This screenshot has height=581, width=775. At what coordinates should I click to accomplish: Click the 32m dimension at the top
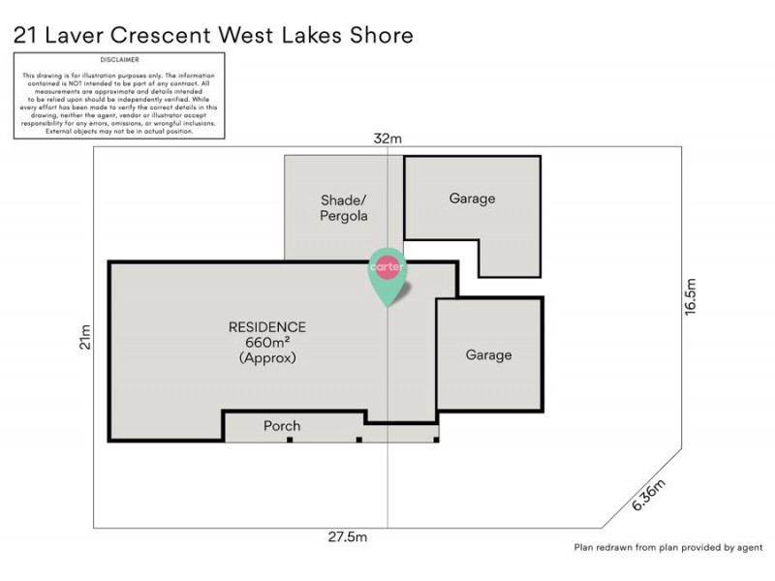click(x=387, y=139)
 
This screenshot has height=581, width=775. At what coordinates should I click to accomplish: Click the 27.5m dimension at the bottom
click(x=346, y=535)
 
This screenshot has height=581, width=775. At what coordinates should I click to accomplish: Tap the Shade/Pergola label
click(x=344, y=208)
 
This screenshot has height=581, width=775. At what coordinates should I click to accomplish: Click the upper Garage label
click(x=472, y=199)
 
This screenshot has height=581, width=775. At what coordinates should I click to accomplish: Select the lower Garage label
click(x=488, y=355)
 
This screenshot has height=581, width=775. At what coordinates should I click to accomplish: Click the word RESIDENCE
click(x=266, y=327)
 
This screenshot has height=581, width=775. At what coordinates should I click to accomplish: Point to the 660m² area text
click(x=266, y=342)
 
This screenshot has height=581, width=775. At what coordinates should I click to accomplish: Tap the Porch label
click(x=282, y=426)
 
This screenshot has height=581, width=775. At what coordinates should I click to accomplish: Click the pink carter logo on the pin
click(x=387, y=267)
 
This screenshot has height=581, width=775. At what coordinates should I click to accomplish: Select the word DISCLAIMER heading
click(x=119, y=59)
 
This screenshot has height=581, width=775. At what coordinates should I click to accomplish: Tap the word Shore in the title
click(x=381, y=36)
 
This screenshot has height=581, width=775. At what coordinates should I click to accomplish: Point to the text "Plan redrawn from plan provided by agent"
click(x=667, y=547)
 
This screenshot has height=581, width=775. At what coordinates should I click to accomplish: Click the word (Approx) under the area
click(x=266, y=357)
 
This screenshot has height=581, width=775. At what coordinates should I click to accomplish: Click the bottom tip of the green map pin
click(x=387, y=306)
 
